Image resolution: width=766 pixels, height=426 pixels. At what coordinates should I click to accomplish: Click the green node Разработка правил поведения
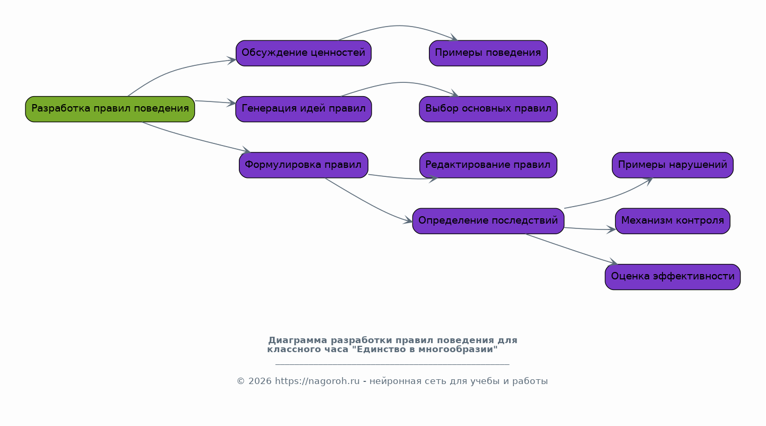click(x=110, y=109)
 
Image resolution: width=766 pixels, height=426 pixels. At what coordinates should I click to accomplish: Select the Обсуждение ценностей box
click(x=303, y=53)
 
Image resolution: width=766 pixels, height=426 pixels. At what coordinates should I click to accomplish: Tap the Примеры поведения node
click(x=488, y=53)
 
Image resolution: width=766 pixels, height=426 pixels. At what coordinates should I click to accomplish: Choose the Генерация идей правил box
click(x=303, y=109)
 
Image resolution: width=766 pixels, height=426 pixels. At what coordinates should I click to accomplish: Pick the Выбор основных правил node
click(x=488, y=109)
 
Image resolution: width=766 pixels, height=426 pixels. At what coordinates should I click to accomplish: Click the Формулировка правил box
click(x=303, y=165)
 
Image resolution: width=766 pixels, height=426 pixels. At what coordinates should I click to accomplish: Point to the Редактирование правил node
click(x=488, y=165)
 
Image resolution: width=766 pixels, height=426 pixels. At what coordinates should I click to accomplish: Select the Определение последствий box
click(x=488, y=220)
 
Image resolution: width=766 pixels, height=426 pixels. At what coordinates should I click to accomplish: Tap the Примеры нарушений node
click(x=672, y=165)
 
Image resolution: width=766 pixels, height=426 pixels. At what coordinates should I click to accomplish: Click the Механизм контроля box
click(x=672, y=220)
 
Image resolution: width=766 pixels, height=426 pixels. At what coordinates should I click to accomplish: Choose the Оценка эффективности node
click(x=672, y=277)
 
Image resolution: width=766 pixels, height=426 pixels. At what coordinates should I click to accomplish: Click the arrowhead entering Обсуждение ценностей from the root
click(x=232, y=60)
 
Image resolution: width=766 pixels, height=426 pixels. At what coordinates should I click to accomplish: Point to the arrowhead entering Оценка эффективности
click(x=613, y=262)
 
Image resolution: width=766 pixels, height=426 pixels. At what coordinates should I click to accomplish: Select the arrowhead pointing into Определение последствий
click(x=408, y=220)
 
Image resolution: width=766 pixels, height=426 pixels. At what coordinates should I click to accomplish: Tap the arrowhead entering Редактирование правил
click(x=433, y=178)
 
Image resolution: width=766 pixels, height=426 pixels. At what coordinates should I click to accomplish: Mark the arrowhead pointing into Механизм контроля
click(x=611, y=229)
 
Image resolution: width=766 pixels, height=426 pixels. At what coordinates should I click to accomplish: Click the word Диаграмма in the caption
click(x=297, y=340)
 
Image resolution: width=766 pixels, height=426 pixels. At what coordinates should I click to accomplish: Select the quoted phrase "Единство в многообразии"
click(x=425, y=350)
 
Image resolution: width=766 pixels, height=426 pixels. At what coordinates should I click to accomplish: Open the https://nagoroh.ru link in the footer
click(x=317, y=381)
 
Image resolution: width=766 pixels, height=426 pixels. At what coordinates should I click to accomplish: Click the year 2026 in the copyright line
click(x=260, y=381)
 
